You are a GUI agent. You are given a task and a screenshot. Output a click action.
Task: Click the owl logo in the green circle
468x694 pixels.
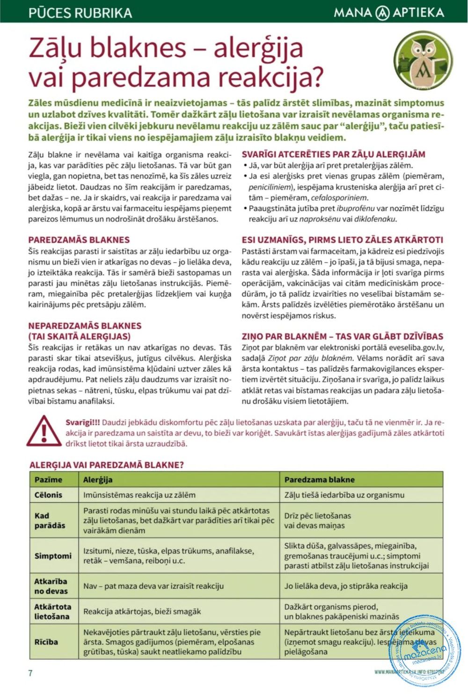(423, 60)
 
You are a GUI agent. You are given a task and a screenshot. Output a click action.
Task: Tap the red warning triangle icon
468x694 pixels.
(44, 431)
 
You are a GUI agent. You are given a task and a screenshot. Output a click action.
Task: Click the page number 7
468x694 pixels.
(30, 673)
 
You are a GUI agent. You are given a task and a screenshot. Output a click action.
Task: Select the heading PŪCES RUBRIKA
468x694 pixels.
(80, 12)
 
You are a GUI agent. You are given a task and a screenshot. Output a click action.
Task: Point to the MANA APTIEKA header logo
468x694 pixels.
(388, 12)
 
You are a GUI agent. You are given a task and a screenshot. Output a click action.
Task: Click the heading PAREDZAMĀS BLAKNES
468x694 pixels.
(79, 240)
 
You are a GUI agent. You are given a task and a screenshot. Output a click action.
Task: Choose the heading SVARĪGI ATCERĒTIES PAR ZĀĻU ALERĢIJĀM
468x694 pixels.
(333, 154)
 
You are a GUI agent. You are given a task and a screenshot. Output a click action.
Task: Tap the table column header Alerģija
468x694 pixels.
(98, 479)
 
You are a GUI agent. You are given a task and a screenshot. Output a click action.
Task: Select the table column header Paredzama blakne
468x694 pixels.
(319, 479)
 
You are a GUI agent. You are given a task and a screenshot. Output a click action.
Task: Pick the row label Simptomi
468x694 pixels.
(53, 556)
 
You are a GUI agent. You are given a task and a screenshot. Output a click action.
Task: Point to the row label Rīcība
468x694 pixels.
(46, 642)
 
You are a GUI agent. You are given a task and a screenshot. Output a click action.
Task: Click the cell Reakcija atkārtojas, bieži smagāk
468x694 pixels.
(142, 611)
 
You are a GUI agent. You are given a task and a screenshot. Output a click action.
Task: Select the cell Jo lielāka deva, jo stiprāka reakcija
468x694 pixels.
(346, 586)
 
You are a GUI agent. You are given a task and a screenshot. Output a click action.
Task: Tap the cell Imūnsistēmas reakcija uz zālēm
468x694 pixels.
(139, 495)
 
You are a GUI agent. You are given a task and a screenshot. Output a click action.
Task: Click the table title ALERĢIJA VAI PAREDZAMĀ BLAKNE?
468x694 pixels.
(106, 465)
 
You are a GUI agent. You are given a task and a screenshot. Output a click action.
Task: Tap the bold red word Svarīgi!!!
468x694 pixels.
(82, 422)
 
